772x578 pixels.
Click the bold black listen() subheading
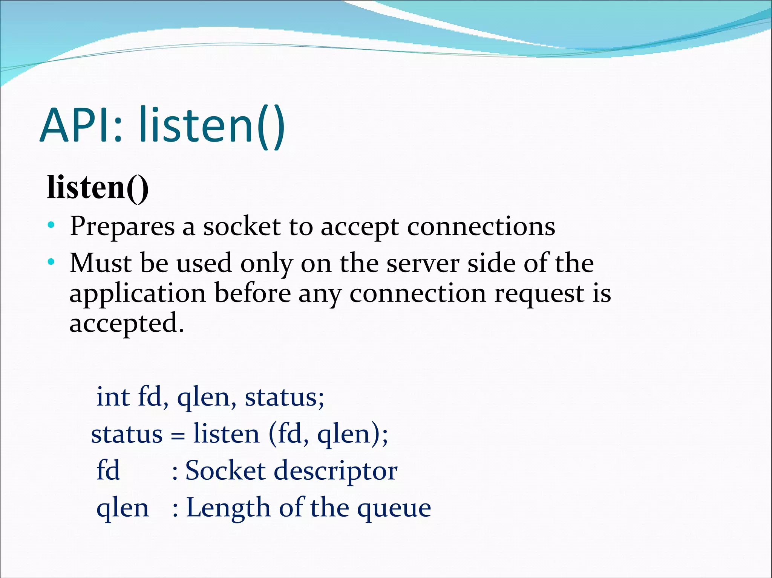coord(97,187)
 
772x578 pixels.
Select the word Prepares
coord(122,227)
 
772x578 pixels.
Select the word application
coord(138,294)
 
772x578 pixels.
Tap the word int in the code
coord(113,397)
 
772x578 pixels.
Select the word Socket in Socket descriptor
coord(225,471)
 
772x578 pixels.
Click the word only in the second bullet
coord(267,264)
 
